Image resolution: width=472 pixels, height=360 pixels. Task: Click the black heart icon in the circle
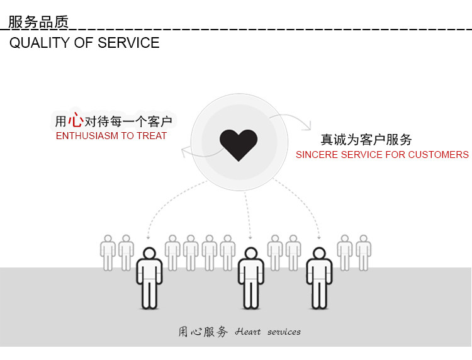(x=239, y=143)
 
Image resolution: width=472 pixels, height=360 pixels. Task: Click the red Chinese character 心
(x=76, y=120)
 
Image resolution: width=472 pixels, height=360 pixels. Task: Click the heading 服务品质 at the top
(x=38, y=22)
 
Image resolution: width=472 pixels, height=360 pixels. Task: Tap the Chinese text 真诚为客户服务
(x=366, y=140)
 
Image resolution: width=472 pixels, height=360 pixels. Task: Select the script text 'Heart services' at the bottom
(x=268, y=332)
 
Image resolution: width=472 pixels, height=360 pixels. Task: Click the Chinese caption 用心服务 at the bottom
(x=203, y=332)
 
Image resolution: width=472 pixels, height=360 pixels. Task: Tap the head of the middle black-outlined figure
(x=250, y=254)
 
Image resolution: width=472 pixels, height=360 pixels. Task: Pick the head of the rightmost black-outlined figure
(x=319, y=254)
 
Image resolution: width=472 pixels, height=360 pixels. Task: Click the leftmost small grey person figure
(x=108, y=252)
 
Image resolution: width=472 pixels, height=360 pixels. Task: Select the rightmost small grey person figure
(x=363, y=252)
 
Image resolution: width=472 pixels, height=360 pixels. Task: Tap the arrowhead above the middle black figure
(x=250, y=237)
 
